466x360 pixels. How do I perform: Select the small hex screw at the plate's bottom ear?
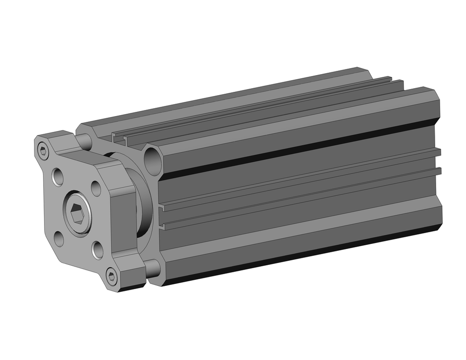click(111, 277)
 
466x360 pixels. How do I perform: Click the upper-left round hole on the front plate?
click(58, 177)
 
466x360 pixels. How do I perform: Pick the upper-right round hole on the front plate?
click(96, 188)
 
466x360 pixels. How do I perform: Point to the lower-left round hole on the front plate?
click(59, 239)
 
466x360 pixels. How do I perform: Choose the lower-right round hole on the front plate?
click(97, 250)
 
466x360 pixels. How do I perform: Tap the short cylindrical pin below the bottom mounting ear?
click(152, 268)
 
